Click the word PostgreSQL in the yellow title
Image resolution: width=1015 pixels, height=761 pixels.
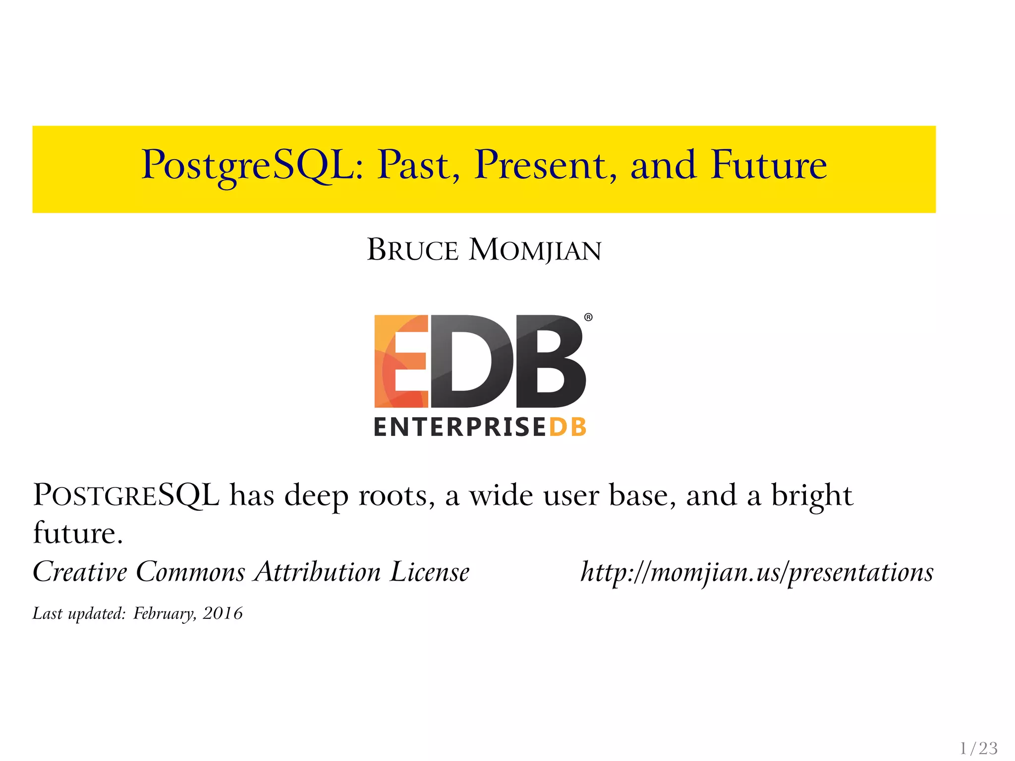(248, 165)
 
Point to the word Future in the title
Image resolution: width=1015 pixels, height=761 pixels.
(769, 164)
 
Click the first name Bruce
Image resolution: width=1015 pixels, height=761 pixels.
(412, 250)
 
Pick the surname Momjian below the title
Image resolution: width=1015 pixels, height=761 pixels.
(535, 250)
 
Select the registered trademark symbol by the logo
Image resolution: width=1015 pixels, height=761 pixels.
(588, 318)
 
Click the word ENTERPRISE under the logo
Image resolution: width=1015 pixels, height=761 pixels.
(459, 428)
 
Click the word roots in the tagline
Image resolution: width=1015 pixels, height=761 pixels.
(396, 495)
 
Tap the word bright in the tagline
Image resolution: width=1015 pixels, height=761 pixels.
(812, 495)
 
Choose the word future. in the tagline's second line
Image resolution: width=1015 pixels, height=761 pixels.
(78, 534)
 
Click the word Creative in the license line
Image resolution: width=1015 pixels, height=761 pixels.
(80, 572)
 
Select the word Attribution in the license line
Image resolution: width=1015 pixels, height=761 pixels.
(318, 572)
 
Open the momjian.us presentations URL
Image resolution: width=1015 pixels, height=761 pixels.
(757, 572)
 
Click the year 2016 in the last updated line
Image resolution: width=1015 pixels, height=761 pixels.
(223, 614)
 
